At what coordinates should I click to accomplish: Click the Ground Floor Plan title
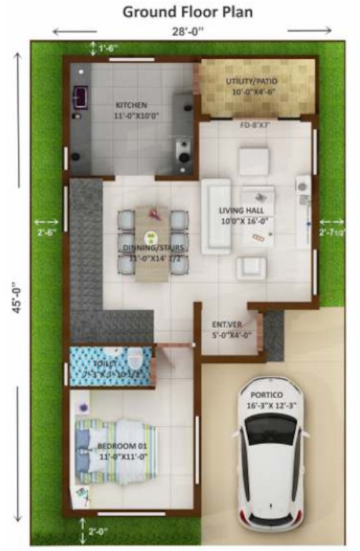click(187, 12)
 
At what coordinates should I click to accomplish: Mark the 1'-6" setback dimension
click(108, 48)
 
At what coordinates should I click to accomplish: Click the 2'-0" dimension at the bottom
click(97, 530)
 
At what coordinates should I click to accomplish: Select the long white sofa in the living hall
click(215, 216)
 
